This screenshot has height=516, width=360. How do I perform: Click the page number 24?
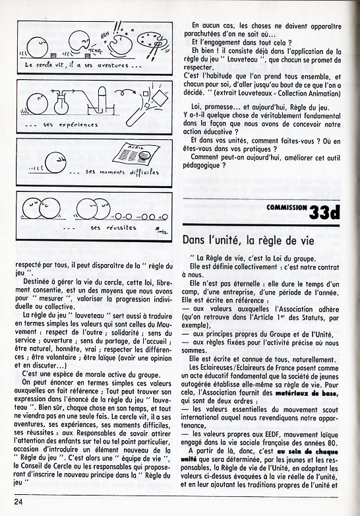tap(18, 502)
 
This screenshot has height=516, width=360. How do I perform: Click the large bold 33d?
tap(324, 212)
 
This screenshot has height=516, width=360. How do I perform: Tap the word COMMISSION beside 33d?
tap(287, 207)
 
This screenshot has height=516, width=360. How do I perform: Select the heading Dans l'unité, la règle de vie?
tap(249, 241)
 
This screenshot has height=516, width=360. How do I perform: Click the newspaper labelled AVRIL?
tap(136, 154)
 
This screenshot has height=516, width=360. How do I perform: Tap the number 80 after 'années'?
tap(334, 435)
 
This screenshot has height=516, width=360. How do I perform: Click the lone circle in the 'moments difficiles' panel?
tap(55, 162)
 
